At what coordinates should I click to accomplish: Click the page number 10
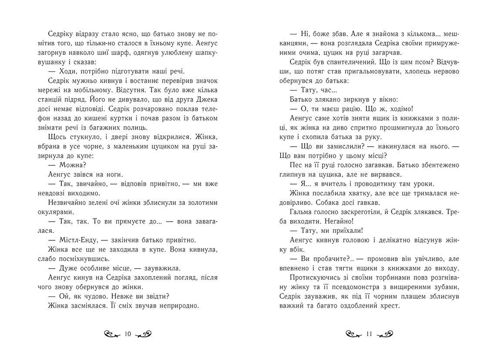(128, 334)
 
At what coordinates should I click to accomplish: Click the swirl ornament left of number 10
(112, 335)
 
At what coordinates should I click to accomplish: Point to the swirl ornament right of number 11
(386, 334)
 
